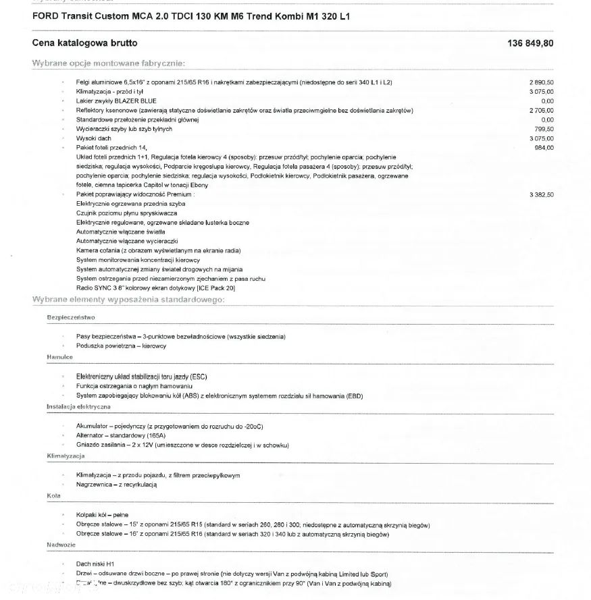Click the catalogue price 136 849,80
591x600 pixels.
530,43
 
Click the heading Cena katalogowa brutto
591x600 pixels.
84,43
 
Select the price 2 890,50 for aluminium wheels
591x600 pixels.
542,82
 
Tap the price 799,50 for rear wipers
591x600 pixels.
544,129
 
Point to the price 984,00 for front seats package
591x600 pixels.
544,148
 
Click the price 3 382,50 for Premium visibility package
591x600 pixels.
542,194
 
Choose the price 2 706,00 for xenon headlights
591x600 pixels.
542,110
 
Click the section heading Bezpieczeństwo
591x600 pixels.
71,317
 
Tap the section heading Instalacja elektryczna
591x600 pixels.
79,407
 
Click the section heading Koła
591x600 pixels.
54,495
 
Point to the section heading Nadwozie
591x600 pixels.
61,544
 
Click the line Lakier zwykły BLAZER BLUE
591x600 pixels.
116,101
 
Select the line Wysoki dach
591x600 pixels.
94,138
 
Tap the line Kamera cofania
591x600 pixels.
158,250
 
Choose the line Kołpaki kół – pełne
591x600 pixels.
102,515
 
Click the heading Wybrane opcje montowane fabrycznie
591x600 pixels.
108,63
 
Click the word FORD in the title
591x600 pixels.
45,15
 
